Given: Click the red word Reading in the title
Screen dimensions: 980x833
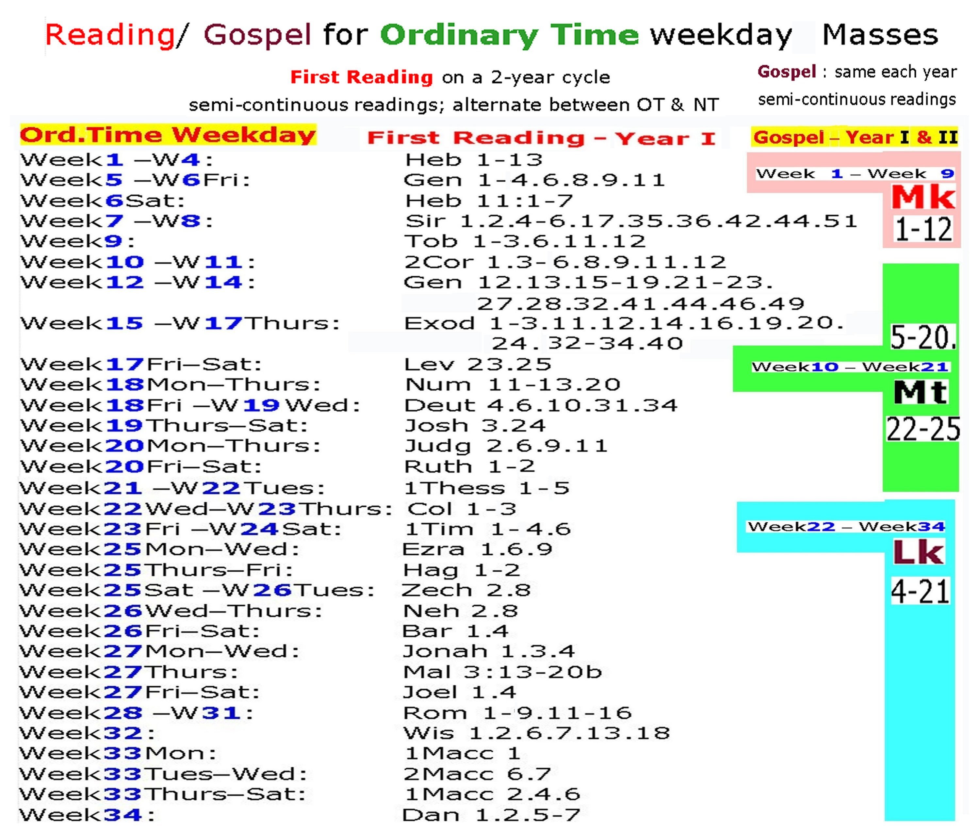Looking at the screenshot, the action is tap(109, 35).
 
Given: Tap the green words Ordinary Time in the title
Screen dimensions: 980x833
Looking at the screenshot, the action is tap(509, 35).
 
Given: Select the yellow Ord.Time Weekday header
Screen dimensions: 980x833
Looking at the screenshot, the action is tap(168, 135).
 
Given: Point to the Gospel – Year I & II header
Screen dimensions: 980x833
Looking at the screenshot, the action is tap(855, 138).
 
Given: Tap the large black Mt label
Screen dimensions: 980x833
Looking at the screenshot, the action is tap(920, 392).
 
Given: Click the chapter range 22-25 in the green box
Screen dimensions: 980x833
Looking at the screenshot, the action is tap(923, 429).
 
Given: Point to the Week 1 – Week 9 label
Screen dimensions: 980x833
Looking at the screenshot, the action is tap(855, 174).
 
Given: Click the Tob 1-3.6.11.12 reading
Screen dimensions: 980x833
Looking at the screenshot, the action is tap(525, 242).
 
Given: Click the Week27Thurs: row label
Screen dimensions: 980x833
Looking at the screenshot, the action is tap(128, 672).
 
